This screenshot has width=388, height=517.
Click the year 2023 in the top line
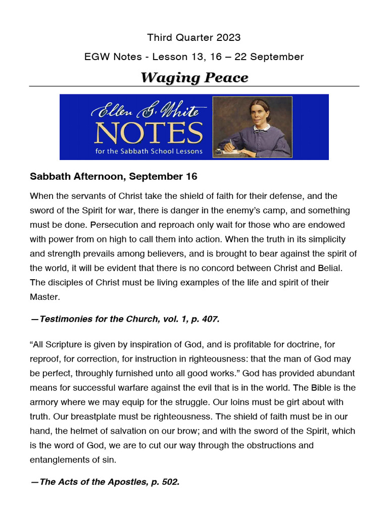[x=229, y=38]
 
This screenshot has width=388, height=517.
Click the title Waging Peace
[x=194, y=78]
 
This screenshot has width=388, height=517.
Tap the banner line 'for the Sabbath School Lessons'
[x=149, y=151]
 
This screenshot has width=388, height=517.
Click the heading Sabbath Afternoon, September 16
[x=113, y=177]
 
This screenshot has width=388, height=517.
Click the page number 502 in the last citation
[x=169, y=482]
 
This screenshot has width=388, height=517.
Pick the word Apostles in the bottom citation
[x=115, y=482]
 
